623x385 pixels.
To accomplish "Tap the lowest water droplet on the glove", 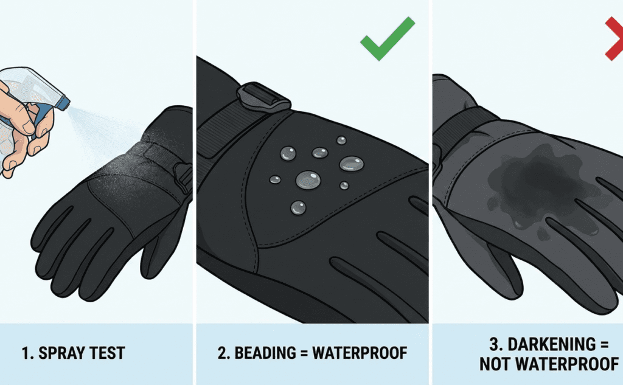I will click(298, 207).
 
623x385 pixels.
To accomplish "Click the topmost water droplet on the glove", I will click(341, 140).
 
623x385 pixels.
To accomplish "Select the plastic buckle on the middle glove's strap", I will click(262, 97).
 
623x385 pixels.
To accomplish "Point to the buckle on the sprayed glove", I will click(183, 176).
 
